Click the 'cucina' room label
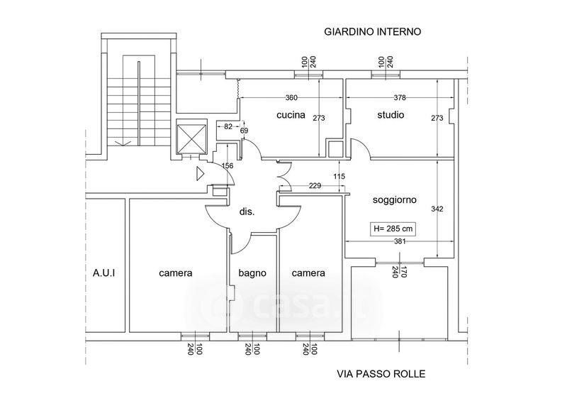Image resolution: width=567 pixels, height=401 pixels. pos(291,115)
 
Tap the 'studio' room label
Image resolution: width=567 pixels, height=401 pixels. pos(391,115)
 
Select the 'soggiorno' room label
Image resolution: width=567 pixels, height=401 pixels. pos(395,200)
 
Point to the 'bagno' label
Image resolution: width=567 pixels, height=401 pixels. pos(252,273)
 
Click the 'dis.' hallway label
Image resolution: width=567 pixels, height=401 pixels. pos(247,212)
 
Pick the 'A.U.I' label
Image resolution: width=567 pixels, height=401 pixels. pos(103,273)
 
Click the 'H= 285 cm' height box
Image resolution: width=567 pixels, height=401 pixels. pos(393,229)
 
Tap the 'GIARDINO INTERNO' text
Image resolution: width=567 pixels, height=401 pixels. pos(373,32)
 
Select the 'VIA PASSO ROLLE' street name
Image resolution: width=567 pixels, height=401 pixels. pos(381,374)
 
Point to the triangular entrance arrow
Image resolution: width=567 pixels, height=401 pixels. pos(200,173)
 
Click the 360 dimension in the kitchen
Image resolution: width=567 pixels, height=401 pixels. pos(291,97)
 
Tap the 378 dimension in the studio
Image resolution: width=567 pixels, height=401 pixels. pos(400,97)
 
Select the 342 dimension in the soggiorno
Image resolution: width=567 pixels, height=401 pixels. pos(437,209)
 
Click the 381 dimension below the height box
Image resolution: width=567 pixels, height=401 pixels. pos(400,241)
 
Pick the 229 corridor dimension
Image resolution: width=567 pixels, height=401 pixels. pos(315,186)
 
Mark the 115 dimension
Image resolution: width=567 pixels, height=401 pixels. pos(339,177)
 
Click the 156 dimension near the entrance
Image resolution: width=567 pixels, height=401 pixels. pos(227,166)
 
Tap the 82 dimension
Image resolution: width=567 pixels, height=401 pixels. pos(228,126)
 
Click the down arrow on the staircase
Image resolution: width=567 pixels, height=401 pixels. pos(123,143)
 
